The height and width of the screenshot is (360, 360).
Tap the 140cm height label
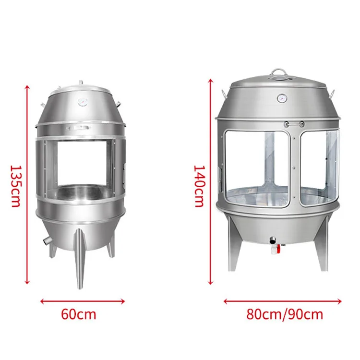tap(200, 186)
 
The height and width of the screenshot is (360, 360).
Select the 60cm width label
tap(79, 314)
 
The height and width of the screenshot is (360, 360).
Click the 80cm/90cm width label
tap(284, 314)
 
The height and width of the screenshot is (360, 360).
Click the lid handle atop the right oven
tap(278, 73)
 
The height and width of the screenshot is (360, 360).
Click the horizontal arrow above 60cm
tap(83, 301)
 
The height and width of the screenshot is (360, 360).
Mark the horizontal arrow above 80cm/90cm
tap(283, 302)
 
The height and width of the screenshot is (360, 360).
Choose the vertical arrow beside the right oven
tap(210, 181)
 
